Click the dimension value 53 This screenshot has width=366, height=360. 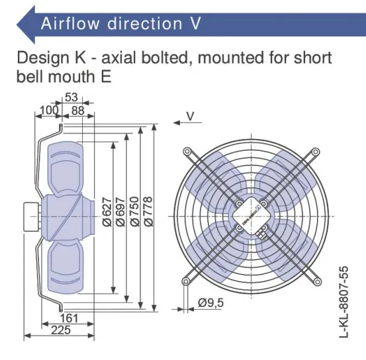71,97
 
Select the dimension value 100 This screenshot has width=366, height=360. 49,111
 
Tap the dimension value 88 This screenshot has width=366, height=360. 77,111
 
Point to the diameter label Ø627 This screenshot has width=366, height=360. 107,212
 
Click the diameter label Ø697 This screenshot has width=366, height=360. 120,212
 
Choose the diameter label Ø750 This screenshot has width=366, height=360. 134,212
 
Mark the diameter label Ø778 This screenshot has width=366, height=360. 148,212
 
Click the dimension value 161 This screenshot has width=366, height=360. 69,318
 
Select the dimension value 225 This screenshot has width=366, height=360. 61,330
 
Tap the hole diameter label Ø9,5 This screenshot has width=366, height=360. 210,303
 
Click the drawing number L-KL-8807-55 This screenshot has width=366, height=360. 343,302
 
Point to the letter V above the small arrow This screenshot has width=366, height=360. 190,116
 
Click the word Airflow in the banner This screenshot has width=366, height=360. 70,23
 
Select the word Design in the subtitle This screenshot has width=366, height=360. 43,58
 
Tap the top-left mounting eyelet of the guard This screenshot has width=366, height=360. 187,152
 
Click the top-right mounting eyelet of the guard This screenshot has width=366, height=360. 316,152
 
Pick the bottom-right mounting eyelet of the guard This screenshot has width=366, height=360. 317,282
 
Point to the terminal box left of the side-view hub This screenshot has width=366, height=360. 32,217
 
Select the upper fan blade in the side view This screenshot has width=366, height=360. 66,169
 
